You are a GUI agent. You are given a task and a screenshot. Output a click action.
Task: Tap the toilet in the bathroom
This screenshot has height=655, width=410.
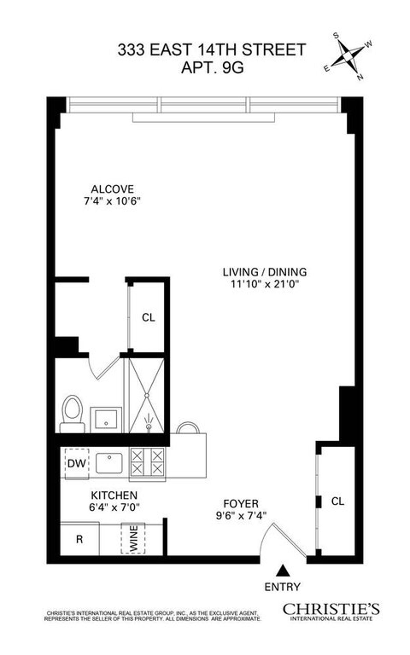click(x=72, y=413)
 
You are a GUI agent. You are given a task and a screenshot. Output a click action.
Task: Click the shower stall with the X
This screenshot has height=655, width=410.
click(x=147, y=395)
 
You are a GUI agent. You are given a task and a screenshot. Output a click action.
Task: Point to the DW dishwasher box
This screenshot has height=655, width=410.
click(x=77, y=463)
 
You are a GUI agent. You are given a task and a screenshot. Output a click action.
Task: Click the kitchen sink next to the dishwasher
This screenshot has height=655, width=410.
click(x=109, y=463)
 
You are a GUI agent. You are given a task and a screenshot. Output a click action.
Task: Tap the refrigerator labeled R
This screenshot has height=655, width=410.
click(x=80, y=539)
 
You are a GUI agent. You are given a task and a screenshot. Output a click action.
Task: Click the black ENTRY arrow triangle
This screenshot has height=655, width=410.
click(x=282, y=570)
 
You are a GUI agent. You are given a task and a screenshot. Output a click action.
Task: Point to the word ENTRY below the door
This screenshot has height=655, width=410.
click(x=283, y=587)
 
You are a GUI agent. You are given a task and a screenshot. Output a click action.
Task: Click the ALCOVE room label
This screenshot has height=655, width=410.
click(x=112, y=189)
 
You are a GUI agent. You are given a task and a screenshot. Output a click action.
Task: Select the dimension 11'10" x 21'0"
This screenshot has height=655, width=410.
click(x=265, y=284)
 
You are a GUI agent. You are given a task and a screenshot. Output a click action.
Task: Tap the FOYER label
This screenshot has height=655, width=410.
click(x=241, y=504)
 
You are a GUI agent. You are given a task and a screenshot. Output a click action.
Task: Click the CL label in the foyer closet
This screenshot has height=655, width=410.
click(x=338, y=501)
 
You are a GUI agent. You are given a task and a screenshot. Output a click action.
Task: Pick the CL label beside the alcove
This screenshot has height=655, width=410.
click(x=148, y=318)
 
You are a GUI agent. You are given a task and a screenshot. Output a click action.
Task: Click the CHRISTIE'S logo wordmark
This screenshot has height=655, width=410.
click(x=331, y=608)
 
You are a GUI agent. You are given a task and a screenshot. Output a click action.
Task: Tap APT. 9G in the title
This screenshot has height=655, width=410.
click(x=212, y=68)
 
